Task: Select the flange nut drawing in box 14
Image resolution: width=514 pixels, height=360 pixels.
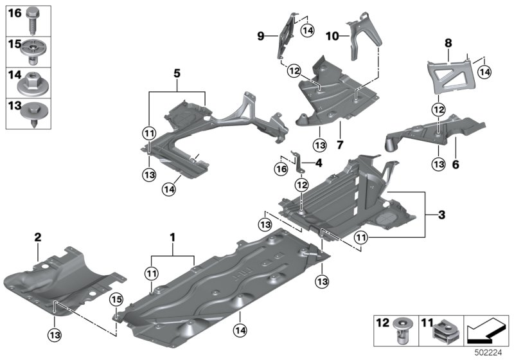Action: pyautogui.click(x=32, y=82)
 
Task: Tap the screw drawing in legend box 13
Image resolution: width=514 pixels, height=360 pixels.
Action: pyautogui.click(x=31, y=113)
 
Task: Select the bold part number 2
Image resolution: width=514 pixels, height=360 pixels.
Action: pyautogui.click(x=38, y=238)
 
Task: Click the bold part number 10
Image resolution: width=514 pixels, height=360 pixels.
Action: pyautogui.click(x=332, y=37)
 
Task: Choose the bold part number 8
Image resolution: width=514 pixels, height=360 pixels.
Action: pyautogui.click(x=448, y=43)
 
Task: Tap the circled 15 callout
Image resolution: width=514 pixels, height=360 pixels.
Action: pyautogui.click(x=116, y=298)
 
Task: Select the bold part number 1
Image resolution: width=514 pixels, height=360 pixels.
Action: pyautogui.click(x=172, y=238)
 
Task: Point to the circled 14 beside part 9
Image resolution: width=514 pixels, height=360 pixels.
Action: pyautogui.click(x=308, y=30)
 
